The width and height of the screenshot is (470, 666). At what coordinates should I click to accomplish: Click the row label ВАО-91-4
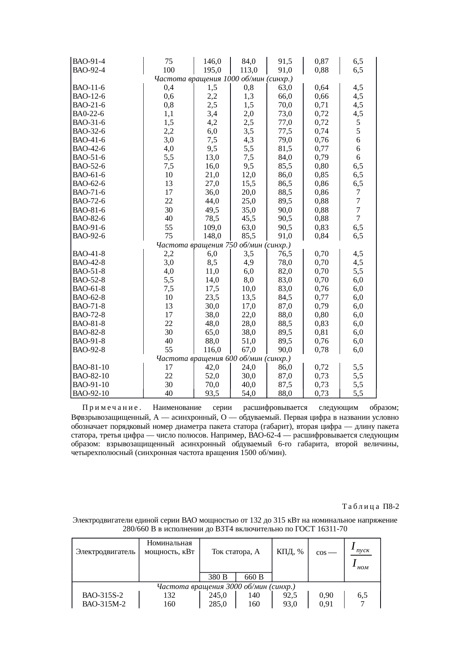point(89,61)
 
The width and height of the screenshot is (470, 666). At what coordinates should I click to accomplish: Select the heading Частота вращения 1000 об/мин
point(224,79)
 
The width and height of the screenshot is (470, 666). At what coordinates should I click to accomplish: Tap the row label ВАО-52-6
point(89,166)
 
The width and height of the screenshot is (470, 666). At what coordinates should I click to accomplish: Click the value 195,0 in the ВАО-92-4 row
point(212,70)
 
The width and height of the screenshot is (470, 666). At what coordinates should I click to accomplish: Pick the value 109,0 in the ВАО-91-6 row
point(212,228)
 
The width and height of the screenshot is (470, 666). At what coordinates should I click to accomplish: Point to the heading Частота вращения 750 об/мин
point(224,245)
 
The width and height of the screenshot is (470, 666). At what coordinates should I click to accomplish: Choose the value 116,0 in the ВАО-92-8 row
point(212,350)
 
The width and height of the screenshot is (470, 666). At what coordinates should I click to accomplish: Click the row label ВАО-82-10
point(91,376)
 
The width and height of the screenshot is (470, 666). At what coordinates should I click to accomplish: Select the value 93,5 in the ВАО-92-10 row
point(212,394)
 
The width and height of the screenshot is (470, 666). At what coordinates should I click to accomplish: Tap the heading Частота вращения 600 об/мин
point(224,359)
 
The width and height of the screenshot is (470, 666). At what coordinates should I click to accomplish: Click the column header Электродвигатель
point(105,552)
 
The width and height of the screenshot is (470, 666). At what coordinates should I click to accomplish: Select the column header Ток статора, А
point(236,552)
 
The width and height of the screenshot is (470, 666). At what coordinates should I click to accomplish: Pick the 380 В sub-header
point(218,577)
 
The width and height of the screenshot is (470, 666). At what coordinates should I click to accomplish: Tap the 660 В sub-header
point(254,577)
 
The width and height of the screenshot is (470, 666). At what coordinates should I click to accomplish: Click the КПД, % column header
point(290,552)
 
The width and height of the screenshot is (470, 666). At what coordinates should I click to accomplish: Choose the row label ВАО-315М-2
point(104,604)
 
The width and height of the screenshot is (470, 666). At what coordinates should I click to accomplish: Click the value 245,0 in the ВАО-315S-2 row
point(218,595)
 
